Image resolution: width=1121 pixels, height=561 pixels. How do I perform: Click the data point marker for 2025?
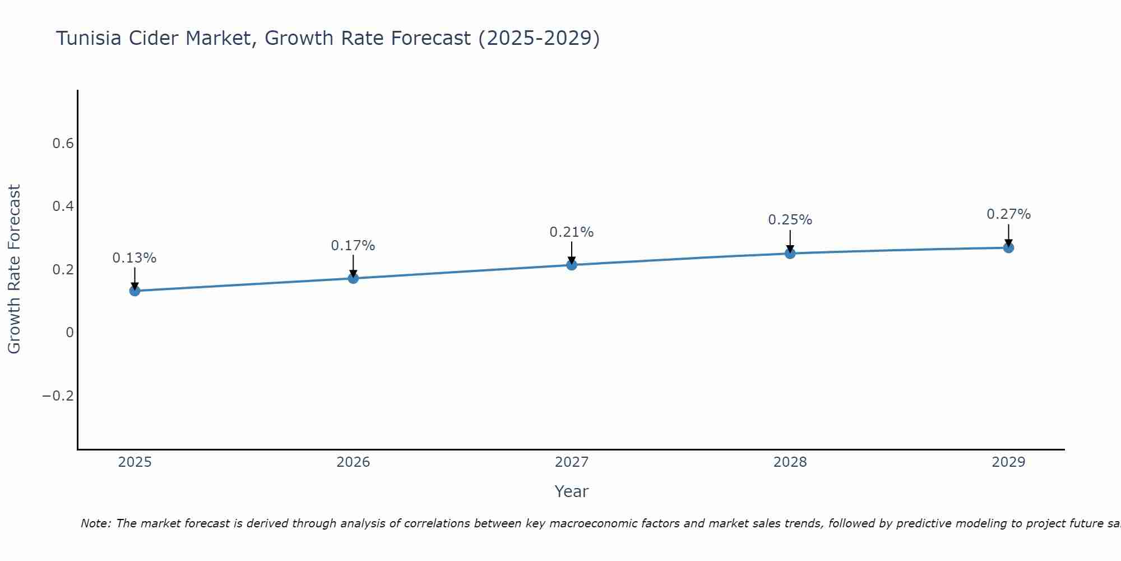(x=135, y=291)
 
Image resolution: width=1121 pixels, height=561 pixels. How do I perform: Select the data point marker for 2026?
(x=353, y=278)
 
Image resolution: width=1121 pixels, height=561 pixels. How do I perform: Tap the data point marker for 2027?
(x=572, y=265)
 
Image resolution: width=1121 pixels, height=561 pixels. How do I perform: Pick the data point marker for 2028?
(x=790, y=254)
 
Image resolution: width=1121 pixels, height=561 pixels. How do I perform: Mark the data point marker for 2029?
(x=1008, y=247)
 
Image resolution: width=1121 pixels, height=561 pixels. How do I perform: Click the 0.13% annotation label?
(x=135, y=258)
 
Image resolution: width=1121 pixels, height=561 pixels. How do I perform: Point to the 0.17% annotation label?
(x=353, y=246)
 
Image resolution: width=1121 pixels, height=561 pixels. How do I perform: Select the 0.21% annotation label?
(x=572, y=232)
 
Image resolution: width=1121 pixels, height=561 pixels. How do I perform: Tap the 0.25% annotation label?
(x=790, y=220)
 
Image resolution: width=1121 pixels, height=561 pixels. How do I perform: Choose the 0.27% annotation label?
(x=1008, y=214)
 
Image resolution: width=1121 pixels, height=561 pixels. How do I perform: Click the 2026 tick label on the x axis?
(x=353, y=462)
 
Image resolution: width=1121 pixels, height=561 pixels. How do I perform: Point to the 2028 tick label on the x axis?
(x=790, y=462)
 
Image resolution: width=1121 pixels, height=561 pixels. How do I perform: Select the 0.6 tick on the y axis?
(x=63, y=144)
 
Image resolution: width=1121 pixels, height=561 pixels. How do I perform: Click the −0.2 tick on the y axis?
(x=58, y=396)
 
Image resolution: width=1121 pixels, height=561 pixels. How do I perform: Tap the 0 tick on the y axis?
(x=70, y=333)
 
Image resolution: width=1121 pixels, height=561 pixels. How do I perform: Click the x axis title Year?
(x=571, y=491)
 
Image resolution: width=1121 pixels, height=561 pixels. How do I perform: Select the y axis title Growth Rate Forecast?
(x=15, y=269)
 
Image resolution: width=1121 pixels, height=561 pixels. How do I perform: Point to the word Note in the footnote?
(x=95, y=523)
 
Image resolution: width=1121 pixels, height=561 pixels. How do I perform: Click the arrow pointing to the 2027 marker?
(x=572, y=252)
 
